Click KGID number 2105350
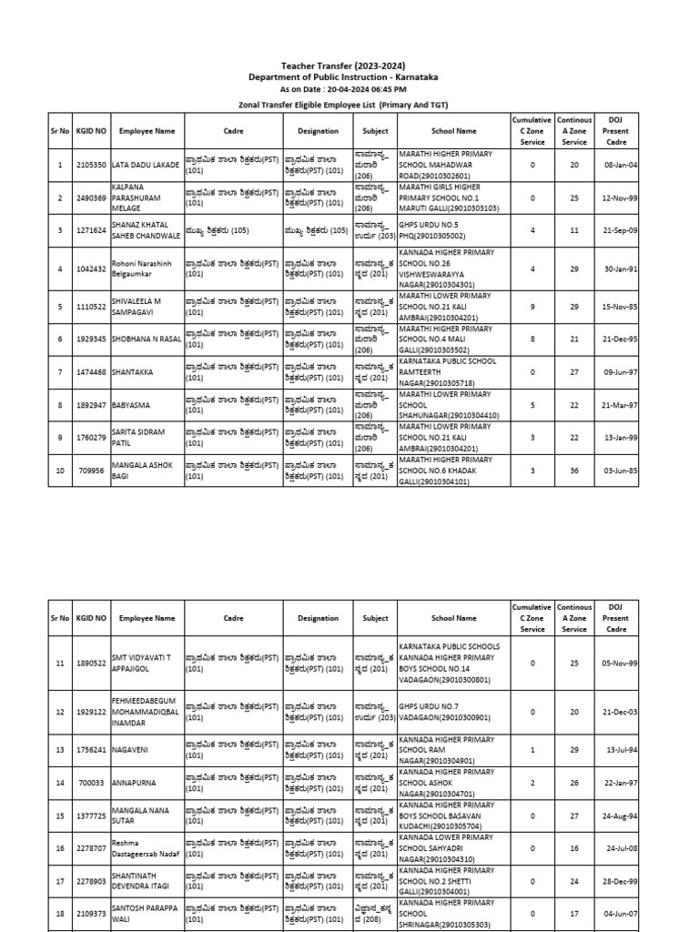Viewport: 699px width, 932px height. click(x=91, y=165)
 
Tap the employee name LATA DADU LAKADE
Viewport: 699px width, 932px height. click(x=146, y=165)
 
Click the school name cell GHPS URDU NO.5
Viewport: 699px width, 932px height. click(x=453, y=230)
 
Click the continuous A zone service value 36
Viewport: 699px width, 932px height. click(x=574, y=471)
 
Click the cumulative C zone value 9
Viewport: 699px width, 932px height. click(x=532, y=307)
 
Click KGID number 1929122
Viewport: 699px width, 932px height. click(x=91, y=712)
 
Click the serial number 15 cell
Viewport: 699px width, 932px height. click(x=60, y=815)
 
